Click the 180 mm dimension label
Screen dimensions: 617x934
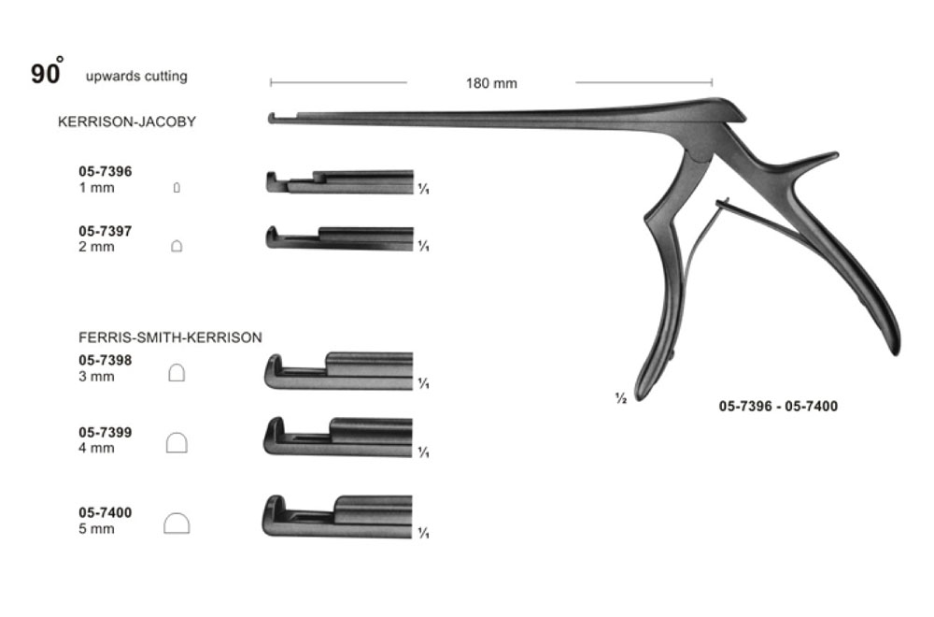click(x=491, y=83)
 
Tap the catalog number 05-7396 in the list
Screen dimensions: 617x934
click(x=105, y=172)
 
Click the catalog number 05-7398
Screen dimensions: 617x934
click(x=105, y=360)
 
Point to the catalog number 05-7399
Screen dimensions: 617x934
click(x=105, y=432)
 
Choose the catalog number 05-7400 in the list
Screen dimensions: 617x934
click(x=105, y=512)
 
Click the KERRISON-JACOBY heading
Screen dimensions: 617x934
click(x=127, y=122)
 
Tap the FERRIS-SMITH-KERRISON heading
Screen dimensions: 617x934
click(x=171, y=337)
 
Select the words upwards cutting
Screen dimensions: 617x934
click(x=136, y=77)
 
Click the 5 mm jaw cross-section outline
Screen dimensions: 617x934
click(x=177, y=524)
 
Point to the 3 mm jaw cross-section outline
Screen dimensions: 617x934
click(x=177, y=373)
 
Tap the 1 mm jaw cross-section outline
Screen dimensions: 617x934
click(x=177, y=189)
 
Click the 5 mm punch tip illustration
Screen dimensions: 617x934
click(x=337, y=517)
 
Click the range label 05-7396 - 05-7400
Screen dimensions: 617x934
click(x=778, y=407)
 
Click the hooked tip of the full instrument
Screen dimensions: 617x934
click(x=272, y=118)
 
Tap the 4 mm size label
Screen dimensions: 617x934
click(x=97, y=448)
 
